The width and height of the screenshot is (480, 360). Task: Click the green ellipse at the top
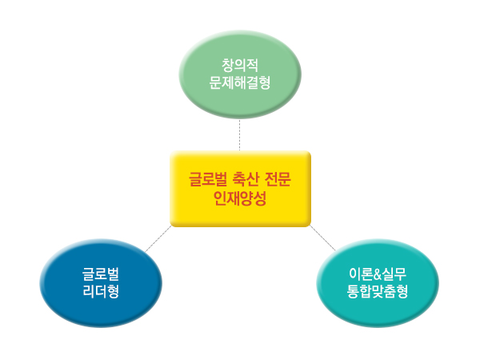(x=240, y=74)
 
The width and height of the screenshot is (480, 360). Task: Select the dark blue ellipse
(x=101, y=283)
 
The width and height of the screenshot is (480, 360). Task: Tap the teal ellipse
(x=378, y=283)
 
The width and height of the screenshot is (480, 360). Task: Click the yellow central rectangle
(x=240, y=189)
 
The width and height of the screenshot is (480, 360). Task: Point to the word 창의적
(x=240, y=66)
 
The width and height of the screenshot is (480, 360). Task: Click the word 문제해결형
(x=240, y=82)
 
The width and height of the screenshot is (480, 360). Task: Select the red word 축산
(x=246, y=179)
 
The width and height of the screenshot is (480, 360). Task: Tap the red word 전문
(x=278, y=179)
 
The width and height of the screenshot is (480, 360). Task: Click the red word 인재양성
(x=240, y=198)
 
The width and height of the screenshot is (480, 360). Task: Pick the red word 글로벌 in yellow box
(x=208, y=179)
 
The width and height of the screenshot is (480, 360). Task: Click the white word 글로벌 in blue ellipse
(x=101, y=274)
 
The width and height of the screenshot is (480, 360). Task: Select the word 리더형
(x=101, y=291)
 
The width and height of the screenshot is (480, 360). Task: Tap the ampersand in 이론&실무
(x=377, y=274)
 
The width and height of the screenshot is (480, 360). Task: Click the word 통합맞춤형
(x=378, y=291)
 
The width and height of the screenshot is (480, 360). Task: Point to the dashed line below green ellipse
(x=240, y=135)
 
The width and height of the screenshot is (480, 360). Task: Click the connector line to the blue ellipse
(x=158, y=238)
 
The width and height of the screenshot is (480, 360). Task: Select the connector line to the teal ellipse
(x=322, y=238)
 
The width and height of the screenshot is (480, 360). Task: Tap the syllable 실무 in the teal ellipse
(x=394, y=274)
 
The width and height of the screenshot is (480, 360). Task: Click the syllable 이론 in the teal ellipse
(x=361, y=274)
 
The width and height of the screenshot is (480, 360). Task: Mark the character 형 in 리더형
(x=114, y=291)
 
